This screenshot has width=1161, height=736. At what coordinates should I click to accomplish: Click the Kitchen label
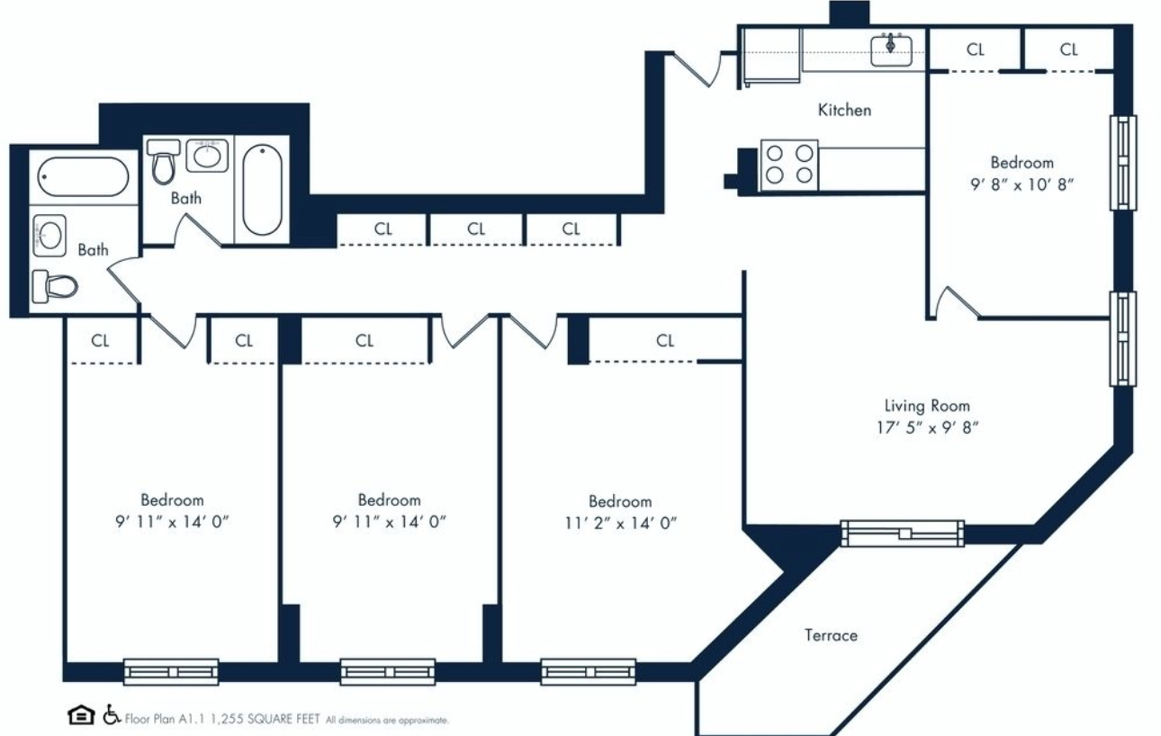pos(844,110)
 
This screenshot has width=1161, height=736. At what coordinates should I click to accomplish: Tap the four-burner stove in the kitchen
pos(789,165)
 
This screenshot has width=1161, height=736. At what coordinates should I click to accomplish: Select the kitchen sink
pos(891,46)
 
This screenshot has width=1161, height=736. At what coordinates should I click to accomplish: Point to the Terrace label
pos(831,635)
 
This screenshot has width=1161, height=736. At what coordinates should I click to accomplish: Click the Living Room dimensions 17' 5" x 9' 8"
pos(926,427)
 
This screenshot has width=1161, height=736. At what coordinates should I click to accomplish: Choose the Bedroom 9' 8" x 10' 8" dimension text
pos(1021,184)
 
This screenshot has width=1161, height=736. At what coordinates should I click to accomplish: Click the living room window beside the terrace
pos(902,534)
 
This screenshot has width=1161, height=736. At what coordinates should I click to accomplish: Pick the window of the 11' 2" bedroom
pos(588,671)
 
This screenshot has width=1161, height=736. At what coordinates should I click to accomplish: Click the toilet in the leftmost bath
pos(54,286)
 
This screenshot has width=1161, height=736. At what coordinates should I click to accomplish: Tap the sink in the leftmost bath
pos(48,237)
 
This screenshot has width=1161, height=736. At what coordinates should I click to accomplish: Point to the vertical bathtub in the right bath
pos(262,189)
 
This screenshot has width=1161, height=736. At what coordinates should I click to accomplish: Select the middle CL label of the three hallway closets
pos(476,229)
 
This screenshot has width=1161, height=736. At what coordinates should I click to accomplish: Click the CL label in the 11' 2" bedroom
pos(665,340)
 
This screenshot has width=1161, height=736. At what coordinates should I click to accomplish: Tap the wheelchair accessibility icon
pos(112,715)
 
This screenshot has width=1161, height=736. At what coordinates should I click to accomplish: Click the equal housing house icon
pos(80,715)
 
